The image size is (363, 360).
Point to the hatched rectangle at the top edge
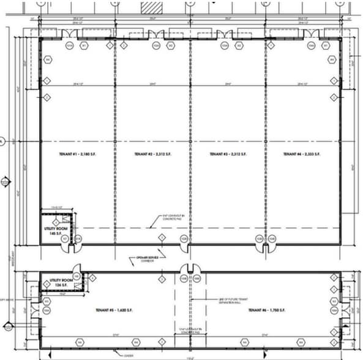[152, 7]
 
